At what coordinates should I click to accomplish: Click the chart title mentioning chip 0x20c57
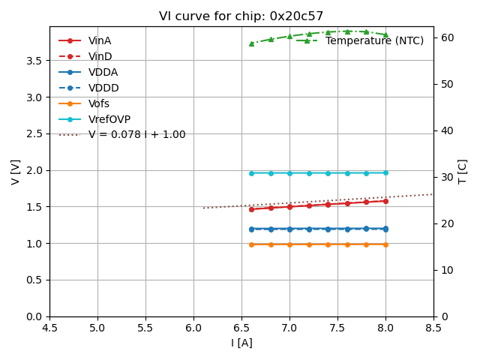[241, 16]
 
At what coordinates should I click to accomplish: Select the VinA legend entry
[100, 41]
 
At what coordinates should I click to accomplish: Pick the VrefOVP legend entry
[109, 119]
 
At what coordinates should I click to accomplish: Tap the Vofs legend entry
[99, 103]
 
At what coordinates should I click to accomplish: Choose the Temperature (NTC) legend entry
[374, 41]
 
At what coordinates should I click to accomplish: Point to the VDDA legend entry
[103, 72]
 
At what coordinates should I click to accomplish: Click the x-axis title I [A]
[241, 343]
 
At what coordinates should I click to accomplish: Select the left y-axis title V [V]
[16, 172]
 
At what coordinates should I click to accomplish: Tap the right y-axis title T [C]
[463, 172]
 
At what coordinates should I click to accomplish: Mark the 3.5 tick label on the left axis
[34, 61]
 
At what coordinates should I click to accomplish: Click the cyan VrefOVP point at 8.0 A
[385, 172]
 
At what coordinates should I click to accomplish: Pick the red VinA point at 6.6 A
[251, 209]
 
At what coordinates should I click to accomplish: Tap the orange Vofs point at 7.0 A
[289, 244]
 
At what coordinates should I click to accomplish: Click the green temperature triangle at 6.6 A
[251, 43]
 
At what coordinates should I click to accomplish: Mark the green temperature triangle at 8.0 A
[385, 34]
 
